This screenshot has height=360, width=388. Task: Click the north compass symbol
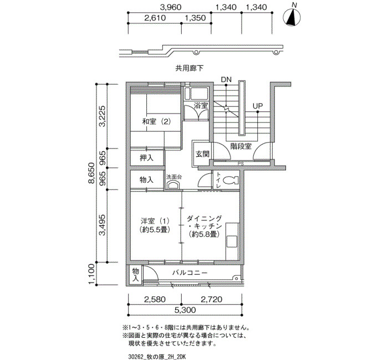click(x=292, y=17)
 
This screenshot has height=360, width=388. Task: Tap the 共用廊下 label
click(x=190, y=68)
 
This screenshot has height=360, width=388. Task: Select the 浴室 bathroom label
click(x=201, y=106)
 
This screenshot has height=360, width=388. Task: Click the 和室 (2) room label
click(x=157, y=122)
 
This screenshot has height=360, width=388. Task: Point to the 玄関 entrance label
click(x=202, y=154)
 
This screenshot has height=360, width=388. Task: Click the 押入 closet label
click(x=147, y=158)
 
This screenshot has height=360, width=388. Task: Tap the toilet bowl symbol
click(x=231, y=180)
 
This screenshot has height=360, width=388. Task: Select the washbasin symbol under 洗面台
click(x=173, y=185)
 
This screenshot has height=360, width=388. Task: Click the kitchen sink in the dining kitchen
click(x=232, y=241)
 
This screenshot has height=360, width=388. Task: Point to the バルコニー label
click(x=190, y=273)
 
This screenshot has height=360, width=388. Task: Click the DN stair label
click(x=226, y=80)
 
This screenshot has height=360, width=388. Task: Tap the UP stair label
click(x=258, y=106)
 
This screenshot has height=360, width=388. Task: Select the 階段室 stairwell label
click(x=241, y=146)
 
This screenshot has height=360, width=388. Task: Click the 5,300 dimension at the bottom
click(x=185, y=310)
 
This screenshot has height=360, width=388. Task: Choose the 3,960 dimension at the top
click(x=171, y=7)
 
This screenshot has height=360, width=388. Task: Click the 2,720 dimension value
click(x=212, y=300)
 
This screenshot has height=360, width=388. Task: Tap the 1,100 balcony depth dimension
click(x=91, y=275)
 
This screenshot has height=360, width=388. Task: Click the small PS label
click(x=241, y=164)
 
